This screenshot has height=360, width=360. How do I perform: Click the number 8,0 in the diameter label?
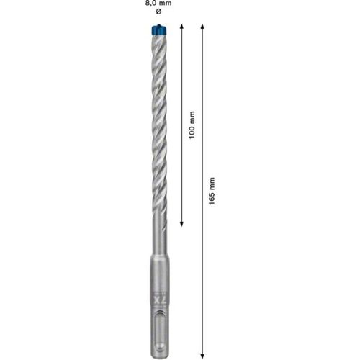tap(150, 4)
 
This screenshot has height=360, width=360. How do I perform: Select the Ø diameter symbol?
tap(158, 12)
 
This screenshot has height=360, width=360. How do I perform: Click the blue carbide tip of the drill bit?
tap(158, 30)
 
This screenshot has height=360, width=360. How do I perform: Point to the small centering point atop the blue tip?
tap(158, 24)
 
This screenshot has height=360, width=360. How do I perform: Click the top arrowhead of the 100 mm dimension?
tap(181, 27)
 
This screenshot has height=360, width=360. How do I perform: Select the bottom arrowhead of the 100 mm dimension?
tap(181, 224)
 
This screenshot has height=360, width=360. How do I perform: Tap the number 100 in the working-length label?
tap(192, 132)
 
